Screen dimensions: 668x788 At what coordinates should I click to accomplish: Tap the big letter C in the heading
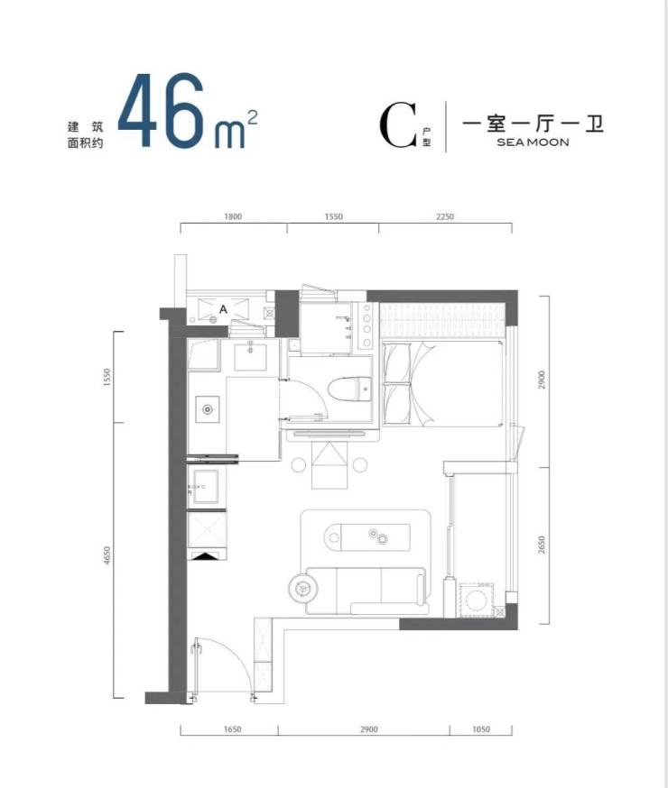click(x=398, y=124)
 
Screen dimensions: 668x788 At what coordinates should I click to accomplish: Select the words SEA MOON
click(x=533, y=142)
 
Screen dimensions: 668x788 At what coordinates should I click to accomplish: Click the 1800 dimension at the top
click(x=233, y=216)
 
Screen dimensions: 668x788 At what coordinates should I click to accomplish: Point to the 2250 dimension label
click(x=445, y=216)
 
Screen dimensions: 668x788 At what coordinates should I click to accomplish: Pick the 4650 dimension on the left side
click(x=107, y=555)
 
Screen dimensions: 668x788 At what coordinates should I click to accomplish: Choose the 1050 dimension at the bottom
click(x=481, y=729)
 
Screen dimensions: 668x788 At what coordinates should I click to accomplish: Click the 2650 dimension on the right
click(x=542, y=545)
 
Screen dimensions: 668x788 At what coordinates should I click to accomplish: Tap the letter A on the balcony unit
click(x=223, y=309)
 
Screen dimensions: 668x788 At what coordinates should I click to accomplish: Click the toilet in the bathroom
click(x=349, y=389)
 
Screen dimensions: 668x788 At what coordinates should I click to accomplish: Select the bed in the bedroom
click(x=442, y=383)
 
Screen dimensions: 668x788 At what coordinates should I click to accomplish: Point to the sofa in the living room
click(x=366, y=591)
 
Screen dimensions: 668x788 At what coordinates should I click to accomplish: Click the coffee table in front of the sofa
click(x=367, y=536)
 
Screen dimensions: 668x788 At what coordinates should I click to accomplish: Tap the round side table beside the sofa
click(x=303, y=587)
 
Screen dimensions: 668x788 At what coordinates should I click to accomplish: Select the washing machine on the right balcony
click(x=477, y=600)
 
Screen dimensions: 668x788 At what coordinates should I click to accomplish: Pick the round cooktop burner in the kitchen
click(x=208, y=409)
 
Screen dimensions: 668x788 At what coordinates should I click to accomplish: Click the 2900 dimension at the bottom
click(x=368, y=729)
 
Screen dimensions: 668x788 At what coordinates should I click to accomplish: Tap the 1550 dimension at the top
click(x=333, y=216)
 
